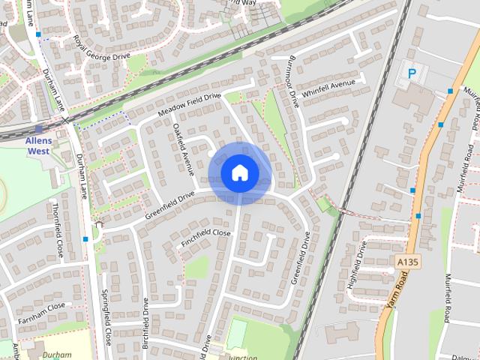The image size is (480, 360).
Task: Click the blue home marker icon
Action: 239,172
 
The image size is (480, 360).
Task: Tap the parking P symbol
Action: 412,73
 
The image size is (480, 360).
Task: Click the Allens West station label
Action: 37,145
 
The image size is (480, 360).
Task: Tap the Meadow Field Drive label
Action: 190,105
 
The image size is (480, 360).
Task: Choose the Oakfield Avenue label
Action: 184,148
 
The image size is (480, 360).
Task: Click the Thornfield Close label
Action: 57,228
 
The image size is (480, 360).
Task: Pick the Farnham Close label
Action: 43,310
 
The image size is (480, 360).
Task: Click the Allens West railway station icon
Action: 38,129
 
